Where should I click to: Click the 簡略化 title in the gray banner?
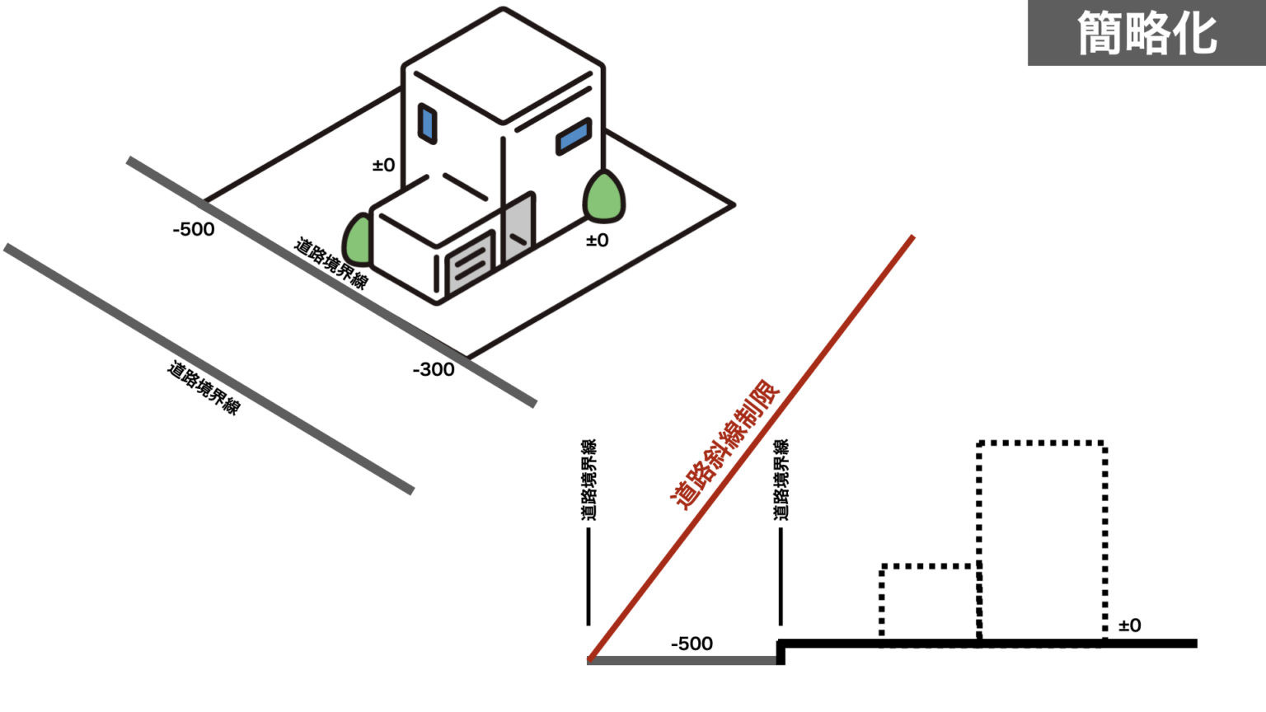[1146, 33]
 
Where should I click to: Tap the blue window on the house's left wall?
[427, 124]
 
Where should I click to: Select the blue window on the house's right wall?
[574, 136]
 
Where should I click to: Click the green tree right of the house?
[604, 198]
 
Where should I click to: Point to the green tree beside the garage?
[359, 240]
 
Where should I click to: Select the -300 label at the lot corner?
[434, 370]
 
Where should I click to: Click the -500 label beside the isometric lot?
[194, 229]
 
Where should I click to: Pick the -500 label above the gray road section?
[692, 644]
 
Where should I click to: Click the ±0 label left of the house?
[384, 166]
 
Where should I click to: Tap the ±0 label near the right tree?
[598, 241]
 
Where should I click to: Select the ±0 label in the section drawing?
[1130, 625]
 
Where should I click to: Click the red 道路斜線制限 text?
[725, 444]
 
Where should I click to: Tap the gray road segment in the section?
[684, 660]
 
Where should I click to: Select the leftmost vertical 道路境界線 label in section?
[588, 480]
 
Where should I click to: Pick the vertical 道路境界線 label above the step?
[781, 480]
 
